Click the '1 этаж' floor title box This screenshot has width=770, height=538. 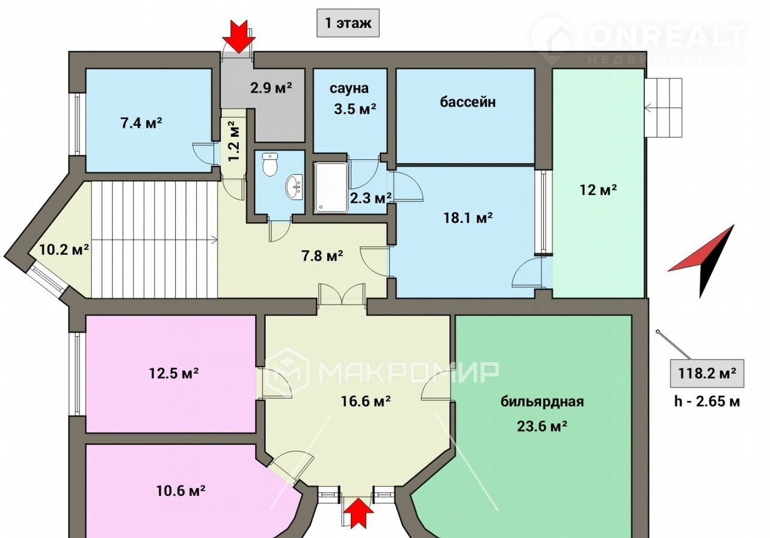click(348, 23)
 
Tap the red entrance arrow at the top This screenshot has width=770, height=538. click(239, 36)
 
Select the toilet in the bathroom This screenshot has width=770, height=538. click(269, 164)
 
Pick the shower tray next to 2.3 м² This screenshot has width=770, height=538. click(331, 187)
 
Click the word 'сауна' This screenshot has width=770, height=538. click(349, 88)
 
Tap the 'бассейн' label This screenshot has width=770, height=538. click(467, 102)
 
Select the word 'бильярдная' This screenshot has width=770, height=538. click(542, 401)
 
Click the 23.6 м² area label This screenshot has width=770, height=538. click(542, 426)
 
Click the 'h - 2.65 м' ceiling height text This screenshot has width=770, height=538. click(707, 401)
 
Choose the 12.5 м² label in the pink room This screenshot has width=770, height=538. click(174, 373)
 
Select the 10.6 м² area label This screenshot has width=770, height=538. click(181, 491)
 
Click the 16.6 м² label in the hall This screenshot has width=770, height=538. click(365, 400)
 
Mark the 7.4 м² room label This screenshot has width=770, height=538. click(141, 123)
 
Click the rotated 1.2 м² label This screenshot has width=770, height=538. click(235, 140)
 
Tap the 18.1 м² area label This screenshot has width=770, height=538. click(468, 217)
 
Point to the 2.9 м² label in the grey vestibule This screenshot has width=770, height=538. click(271, 88)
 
